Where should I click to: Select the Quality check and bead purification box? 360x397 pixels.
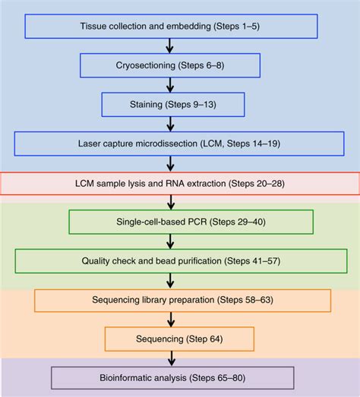point(180,261)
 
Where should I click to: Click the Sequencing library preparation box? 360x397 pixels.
point(182,300)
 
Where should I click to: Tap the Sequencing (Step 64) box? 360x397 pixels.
point(180,338)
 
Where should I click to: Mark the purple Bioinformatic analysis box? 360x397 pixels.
point(172,377)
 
